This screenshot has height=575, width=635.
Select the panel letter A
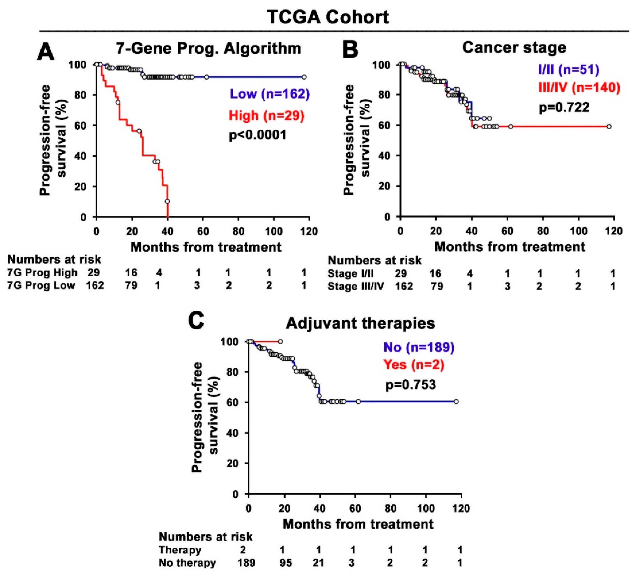(46, 52)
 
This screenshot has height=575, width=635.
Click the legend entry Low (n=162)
(270, 94)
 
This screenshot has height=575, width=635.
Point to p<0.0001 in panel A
(258, 135)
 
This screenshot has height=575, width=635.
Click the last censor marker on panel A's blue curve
(304, 77)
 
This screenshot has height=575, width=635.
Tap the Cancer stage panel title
(514, 48)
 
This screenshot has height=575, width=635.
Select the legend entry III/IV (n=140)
(579, 87)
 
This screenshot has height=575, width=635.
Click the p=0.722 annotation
(564, 107)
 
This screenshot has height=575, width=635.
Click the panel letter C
(196, 321)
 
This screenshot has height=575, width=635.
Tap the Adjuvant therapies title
(360, 323)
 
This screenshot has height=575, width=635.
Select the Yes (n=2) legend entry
(414, 365)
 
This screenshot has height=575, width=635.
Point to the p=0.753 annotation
(411, 385)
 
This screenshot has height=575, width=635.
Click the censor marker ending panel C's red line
(280, 341)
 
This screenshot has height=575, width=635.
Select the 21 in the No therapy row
(318, 563)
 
